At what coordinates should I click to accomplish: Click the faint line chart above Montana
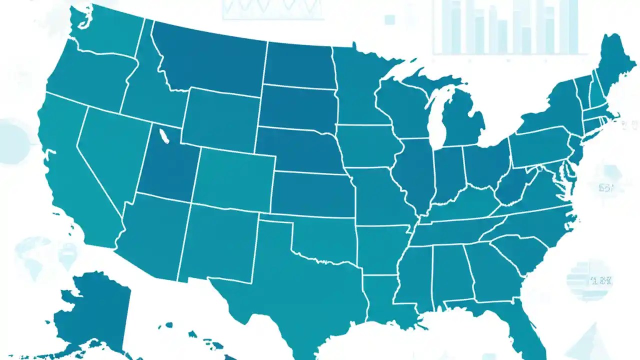click(x=272, y=9)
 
